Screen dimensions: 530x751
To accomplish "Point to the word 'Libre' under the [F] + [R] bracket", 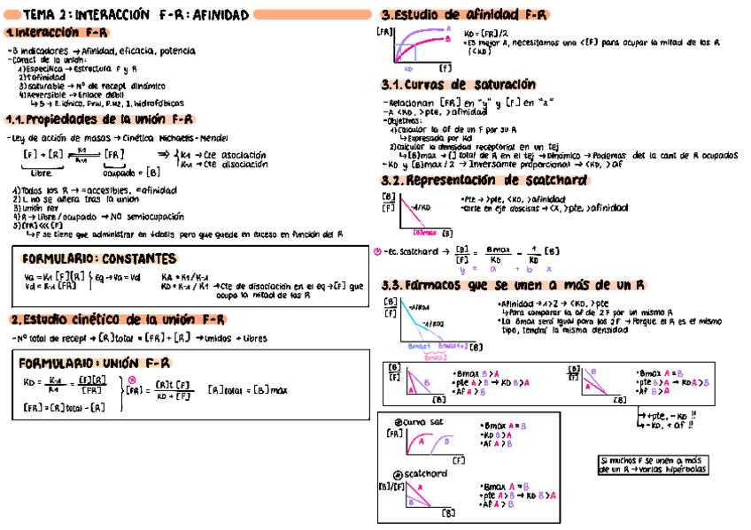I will tap(41, 173).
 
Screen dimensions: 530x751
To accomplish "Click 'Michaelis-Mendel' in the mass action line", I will tap(188, 138).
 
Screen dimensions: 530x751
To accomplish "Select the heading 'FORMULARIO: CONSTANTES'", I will tap(98, 259).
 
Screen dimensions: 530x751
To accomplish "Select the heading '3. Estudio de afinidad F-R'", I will tap(464, 15).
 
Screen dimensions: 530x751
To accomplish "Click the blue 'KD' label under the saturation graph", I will tap(408, 68).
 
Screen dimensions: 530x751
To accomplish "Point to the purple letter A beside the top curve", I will tap(447, 27).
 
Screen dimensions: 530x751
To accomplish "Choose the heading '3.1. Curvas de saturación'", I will tap(459, 85).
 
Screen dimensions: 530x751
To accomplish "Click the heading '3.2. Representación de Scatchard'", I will tap(484, 181).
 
